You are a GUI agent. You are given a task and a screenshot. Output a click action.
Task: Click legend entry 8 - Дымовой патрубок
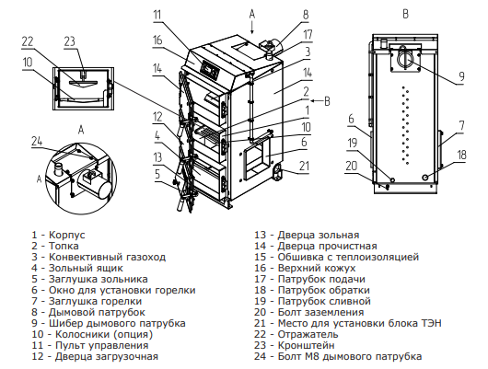click(88, 312)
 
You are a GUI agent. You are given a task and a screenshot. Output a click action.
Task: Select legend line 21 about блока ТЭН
click(348, 323)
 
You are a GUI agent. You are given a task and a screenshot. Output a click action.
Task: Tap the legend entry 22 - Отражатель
click(296, 334)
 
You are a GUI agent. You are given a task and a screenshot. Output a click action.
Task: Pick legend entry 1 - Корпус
click(58, 235)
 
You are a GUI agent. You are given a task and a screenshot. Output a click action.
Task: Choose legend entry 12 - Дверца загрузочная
click(95, 356)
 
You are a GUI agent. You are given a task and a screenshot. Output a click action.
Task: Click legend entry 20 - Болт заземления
click(308, 312)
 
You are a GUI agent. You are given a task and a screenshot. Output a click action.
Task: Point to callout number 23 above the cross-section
click(70, 41)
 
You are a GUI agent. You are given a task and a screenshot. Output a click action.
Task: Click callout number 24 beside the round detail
click(37, 142)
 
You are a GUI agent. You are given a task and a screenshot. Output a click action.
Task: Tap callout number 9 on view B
click(461, 75)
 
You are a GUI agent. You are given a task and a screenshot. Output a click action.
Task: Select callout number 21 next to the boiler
click(304, 166)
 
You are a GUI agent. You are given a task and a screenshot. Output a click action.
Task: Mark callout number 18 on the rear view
click(461, 155)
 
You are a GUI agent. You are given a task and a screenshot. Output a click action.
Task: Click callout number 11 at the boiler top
click(157, 15)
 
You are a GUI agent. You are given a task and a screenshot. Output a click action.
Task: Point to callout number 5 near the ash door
click(157, 174)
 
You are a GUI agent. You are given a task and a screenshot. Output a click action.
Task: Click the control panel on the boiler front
click(209, 68)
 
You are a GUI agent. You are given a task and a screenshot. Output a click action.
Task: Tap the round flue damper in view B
click(405, 57)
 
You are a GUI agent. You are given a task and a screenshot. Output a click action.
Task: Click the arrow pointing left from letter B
click(316, 100)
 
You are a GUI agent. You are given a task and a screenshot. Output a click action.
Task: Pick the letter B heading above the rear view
click(405, 14)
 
